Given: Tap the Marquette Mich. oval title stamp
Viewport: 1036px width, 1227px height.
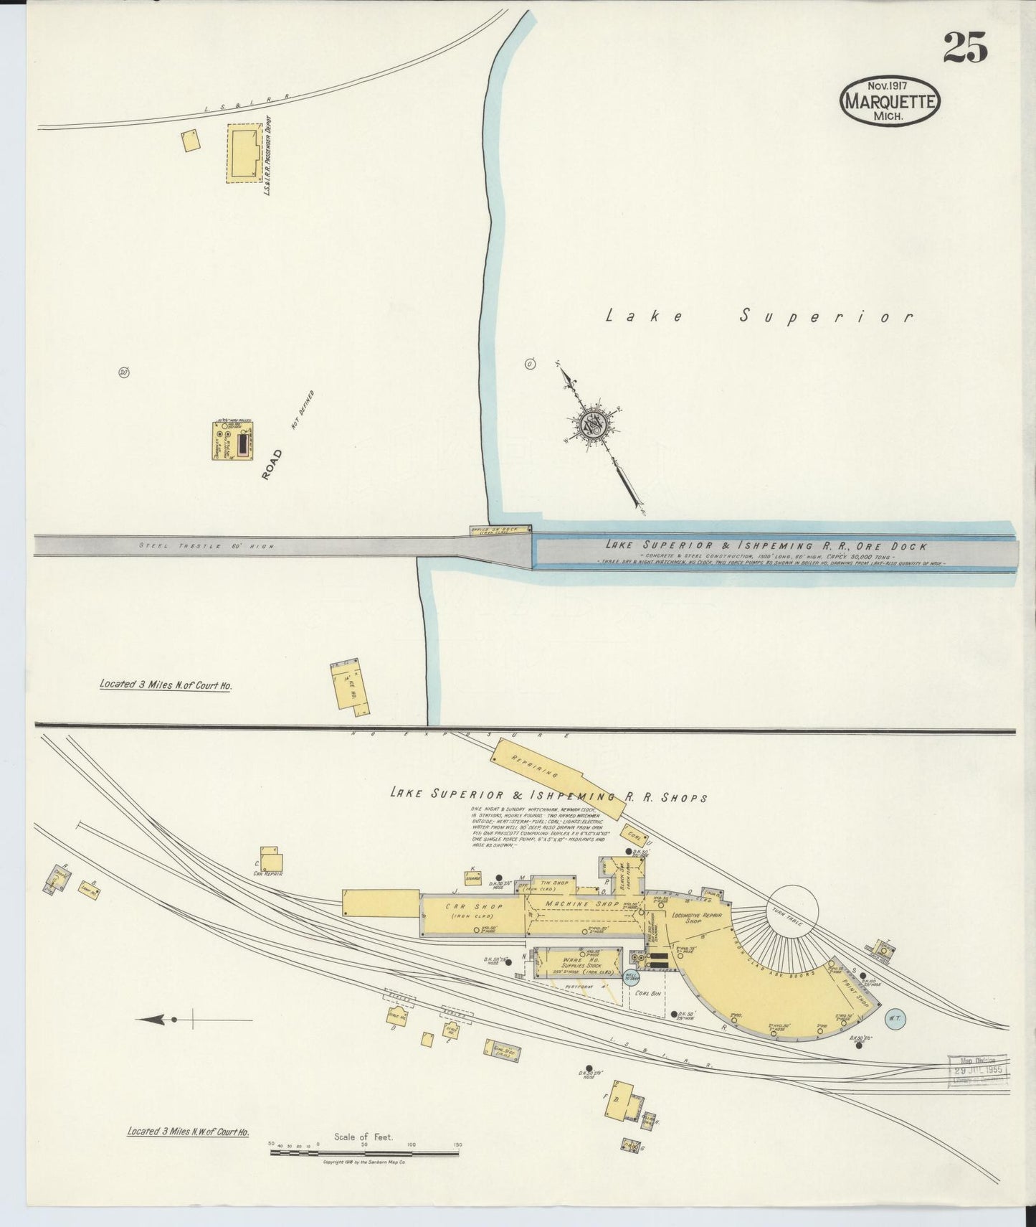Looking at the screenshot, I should pos(889,102).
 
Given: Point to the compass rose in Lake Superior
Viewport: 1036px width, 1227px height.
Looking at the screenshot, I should pos(596,425).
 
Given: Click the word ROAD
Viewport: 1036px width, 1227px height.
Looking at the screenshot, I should pos(272,464).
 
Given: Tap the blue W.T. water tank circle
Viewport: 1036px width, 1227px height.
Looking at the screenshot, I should pos(895,1018).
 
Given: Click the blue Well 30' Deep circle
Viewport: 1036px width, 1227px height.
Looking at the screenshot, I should pos(632,977).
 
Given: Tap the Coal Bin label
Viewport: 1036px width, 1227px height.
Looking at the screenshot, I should pos(647,993).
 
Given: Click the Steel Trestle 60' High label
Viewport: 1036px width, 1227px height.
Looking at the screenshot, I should pos(206,547).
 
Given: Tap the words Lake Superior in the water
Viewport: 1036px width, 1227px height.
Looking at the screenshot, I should pos(759,316).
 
